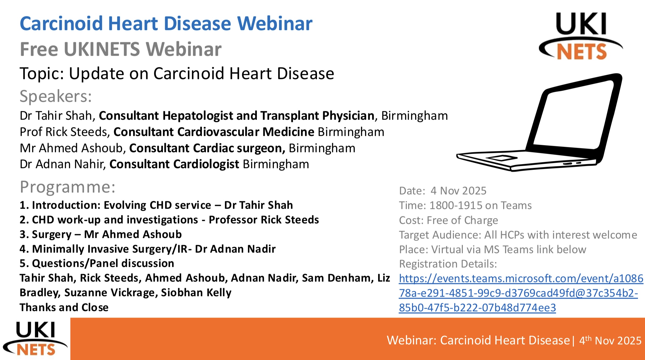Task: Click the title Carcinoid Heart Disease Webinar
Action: [166, 24]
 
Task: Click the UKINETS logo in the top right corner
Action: [581, 36]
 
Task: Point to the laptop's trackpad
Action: [502, 158]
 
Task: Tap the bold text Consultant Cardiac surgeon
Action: [207, 148]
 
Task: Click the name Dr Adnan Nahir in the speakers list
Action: [62, 164]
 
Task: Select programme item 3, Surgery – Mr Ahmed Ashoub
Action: [101, 234]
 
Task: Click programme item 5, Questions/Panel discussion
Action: [97, 263]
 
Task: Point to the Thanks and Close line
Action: [64, 307]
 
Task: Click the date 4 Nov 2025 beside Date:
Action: [459, 191]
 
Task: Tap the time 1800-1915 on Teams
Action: [480, 205]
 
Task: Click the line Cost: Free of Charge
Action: [448, 220]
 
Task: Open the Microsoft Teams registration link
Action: [521, 293]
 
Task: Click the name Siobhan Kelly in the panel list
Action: [196, 293]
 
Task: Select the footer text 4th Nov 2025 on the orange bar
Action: [610, 341]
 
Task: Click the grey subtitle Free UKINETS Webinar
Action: [121, 49]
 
